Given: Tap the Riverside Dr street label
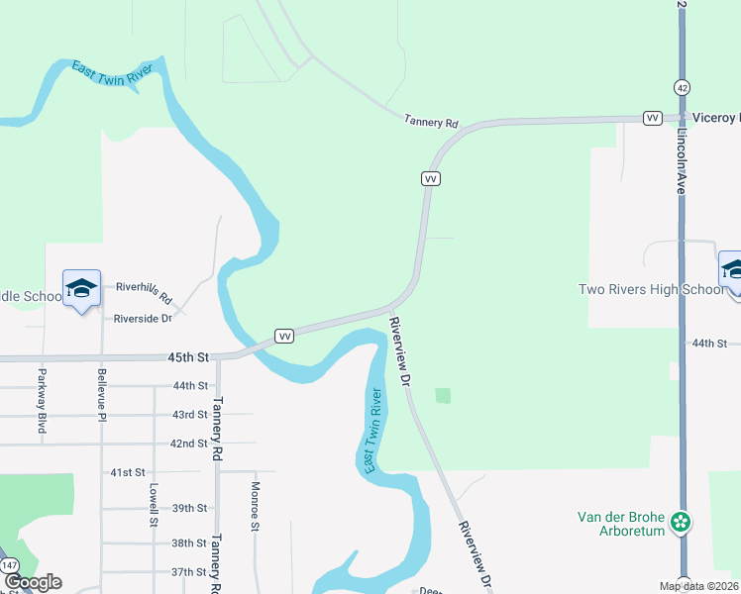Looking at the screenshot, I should [x=143, y=319].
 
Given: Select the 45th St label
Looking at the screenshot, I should [x=189, y=356].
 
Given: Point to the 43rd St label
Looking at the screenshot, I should [x=189, y=414].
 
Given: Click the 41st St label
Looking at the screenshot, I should [x=128, y=473].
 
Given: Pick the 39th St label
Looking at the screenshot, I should [x=189, y=508].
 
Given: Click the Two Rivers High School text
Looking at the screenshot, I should [x=652, y=289].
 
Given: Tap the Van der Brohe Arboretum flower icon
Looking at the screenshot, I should [x=681, y=521].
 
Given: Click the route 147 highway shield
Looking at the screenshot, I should [x=10, y=564].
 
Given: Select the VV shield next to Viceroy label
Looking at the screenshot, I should [x=652, y=118].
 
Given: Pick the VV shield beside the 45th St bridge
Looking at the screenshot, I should [x=284, y=337].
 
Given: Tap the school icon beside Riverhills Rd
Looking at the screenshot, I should [x=81, y=288].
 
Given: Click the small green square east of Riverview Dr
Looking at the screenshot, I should [x=442, y=396].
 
